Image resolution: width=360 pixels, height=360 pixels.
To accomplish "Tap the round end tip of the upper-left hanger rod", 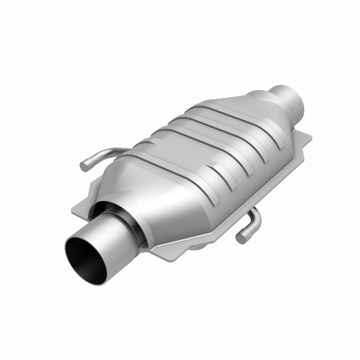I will pyautogui.click(x=83, y=166).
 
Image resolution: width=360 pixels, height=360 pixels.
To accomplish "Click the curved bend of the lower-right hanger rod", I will pyautogui.click(x=256, y=215).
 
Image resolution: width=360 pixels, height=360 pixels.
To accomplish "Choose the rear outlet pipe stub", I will pyautogui.click(x=288, y=99).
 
